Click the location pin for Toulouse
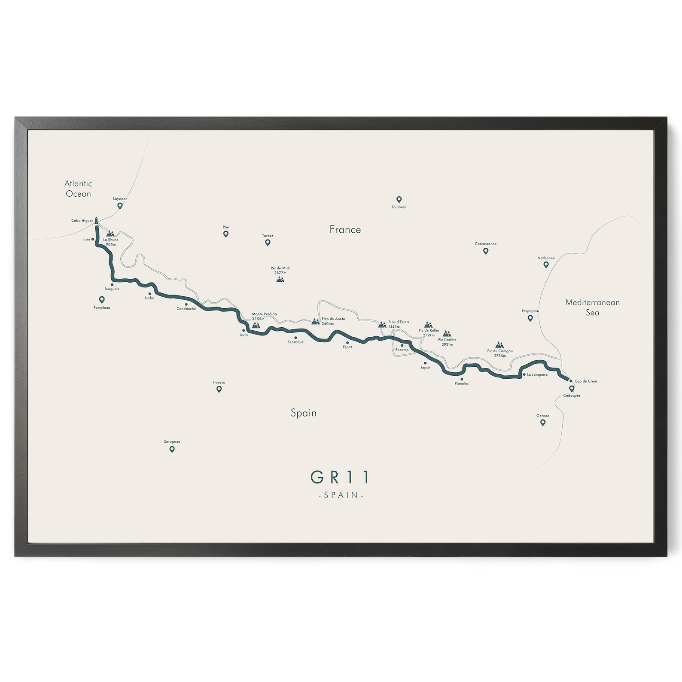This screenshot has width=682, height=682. point(399,199)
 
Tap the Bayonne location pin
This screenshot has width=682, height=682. point(120,206)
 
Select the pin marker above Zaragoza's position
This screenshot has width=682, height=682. point(172,449)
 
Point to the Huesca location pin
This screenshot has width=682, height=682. point(219,389)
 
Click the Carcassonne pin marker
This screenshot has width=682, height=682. point(486,251)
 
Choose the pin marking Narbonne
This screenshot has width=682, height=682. point(546,265)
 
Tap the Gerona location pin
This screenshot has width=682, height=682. point(543,423)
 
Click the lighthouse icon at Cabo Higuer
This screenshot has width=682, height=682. point(97,220)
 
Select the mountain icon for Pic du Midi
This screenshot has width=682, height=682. point(280,280)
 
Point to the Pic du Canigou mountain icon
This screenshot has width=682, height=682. point(499,345)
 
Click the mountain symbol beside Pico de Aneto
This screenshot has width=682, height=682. point(315,321)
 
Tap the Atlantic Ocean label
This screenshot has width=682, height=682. point(78,189)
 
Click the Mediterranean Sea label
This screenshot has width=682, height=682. point(592,307)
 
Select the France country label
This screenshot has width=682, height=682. point(345,229)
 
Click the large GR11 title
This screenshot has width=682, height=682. point(341,477)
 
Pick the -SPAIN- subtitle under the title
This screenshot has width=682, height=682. point(341,495)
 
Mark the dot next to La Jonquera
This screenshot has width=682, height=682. point(524,374)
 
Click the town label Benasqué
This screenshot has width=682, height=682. point(295,342)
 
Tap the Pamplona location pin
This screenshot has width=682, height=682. point(102,299)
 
